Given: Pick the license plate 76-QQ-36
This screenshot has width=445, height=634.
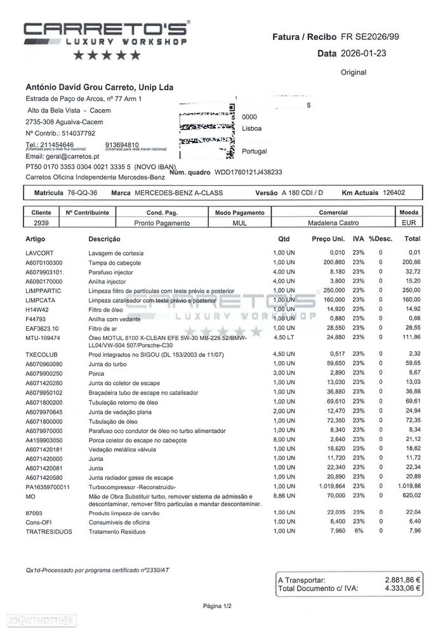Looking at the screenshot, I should tap(83, 192).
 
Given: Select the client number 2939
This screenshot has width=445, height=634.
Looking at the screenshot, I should tap(42, 223).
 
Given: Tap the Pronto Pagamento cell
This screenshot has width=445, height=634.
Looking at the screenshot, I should tap(162, 223).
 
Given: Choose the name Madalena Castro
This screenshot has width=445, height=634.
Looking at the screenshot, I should tap(333, 223).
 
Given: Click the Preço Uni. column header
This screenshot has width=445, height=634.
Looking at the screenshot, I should tap(329, 239).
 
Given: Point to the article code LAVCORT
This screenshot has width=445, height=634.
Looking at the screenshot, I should tap(39, 253).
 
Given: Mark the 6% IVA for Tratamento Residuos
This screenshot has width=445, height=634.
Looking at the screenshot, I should tap(359, 531).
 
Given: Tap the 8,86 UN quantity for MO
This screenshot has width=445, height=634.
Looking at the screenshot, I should tap(281, 496).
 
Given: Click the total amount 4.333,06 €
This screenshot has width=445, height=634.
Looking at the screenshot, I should tap(403, 589).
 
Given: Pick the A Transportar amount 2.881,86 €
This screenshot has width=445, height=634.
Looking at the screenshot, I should tap(403, 580).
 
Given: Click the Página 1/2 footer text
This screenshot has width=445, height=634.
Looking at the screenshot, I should tap(217, 607).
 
